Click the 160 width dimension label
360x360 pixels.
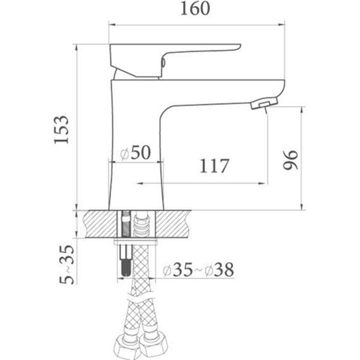point(195,9)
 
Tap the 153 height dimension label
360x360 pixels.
point(61,130)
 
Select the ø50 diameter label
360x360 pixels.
point(136,152)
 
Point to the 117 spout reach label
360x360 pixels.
point(214,166)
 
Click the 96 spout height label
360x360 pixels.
point(290,160)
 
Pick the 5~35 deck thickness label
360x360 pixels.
point(67,265)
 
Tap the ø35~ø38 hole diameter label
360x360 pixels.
point(199,269)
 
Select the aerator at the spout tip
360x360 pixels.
point(264,103)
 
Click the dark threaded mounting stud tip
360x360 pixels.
point(125,267)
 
